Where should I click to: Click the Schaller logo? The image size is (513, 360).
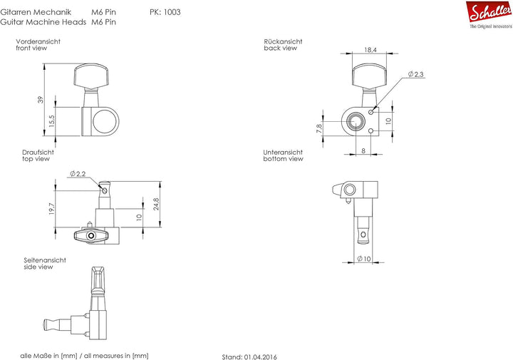tap(489, 15)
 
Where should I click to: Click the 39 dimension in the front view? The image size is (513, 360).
tap(40, 100)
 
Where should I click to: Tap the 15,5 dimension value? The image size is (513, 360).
tap(52, 121)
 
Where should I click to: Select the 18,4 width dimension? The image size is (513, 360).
tap(370, 50)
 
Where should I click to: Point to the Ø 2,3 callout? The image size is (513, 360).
tap(415, 74)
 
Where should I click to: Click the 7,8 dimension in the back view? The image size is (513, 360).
tap(320, 128)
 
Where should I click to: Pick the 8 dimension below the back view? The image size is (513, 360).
tap(363, 150)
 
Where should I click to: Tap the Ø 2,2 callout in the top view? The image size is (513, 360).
tap(78, 173)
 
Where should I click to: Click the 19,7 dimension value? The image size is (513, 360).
tap(52, 209)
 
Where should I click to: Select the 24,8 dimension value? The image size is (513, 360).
tap(156, 204)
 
